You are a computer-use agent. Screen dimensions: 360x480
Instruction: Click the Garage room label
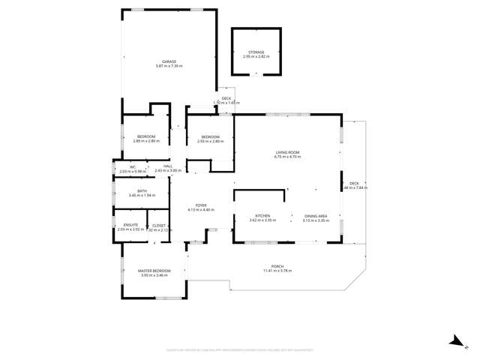point(169,61)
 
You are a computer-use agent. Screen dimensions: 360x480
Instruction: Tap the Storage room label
point(256,52)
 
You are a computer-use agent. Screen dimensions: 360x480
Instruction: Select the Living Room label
point(287,152)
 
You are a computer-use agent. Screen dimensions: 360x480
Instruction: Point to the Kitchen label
point(262,216)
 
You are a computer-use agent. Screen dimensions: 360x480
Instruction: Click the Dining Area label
point(316,216)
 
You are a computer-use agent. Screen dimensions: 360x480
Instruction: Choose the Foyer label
point(201,205)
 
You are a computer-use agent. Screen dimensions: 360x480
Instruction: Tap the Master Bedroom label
point(154,271)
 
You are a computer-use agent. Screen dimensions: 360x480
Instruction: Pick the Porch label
point(277,266)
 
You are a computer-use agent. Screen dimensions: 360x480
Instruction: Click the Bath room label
point(142,190)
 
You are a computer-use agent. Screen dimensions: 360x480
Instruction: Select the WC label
point(132,166)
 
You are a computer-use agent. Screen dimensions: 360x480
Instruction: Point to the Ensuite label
point(130,225)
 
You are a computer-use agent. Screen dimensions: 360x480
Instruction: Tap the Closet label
point(159,225)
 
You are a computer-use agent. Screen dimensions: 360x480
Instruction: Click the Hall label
point(168,166)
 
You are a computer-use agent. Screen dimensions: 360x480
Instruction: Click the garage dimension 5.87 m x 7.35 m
point(169,66)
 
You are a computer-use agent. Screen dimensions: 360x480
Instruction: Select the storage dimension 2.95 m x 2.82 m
point(256,57)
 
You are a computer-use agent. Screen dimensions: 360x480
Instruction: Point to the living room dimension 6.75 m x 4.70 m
point(287,157)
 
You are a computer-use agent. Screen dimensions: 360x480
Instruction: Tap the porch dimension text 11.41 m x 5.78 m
point(277,271)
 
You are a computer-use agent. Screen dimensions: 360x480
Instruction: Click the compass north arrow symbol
point(454,341)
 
